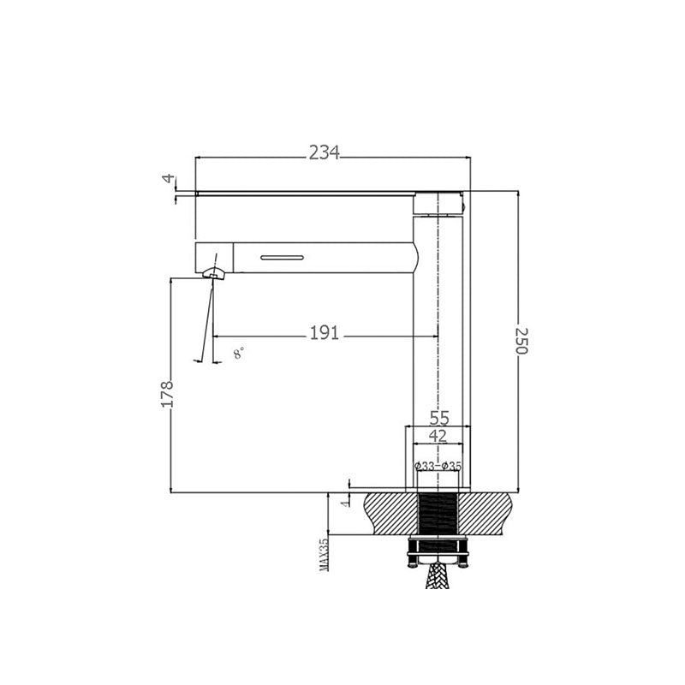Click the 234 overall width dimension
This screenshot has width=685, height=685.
coord(325,152)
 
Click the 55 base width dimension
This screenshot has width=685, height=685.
coord(438,418)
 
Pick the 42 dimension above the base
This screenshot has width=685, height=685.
coord(438,436)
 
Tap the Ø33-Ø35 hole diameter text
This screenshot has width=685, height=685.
coord(438,466)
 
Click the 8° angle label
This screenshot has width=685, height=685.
coord(238,352)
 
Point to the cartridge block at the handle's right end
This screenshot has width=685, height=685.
coord(440,204)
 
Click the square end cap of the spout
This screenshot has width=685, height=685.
coord(214,255)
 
